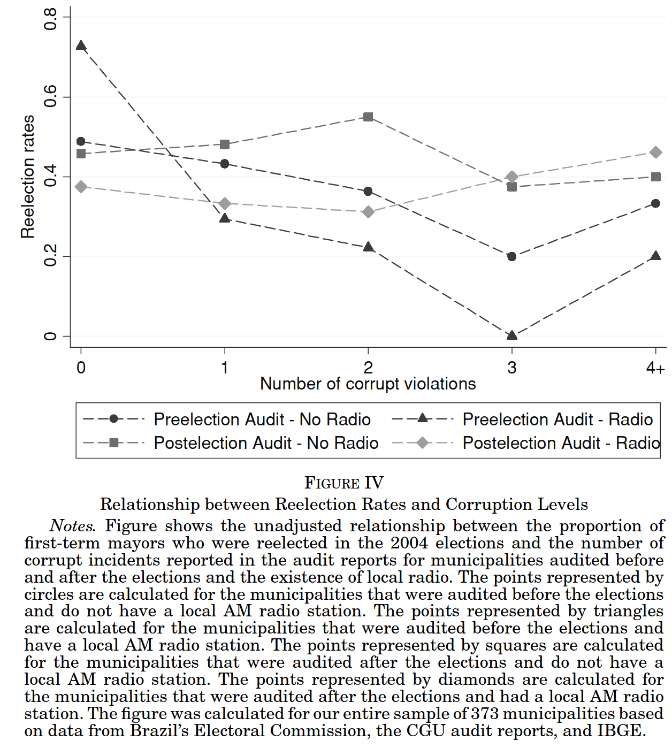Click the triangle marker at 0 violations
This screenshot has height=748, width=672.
(x=81, y=45)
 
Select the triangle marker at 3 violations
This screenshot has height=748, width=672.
(x=512, y=335)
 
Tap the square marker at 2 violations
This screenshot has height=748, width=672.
(x=368, y=117)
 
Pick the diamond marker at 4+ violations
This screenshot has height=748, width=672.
(x=655, y=152)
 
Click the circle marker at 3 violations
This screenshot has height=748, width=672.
(x=512, y=256)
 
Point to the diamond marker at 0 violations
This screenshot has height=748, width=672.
(x=81, y=187)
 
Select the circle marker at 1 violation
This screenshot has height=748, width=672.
(x=225, y=164)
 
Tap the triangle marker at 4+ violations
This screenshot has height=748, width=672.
(x=655, y=256)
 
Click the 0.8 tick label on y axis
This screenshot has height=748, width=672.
(x=50, y=18)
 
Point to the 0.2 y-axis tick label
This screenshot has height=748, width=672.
(x=50, y=257)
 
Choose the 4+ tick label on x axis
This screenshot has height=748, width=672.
(x=655, y=368)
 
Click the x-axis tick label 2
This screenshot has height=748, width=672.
(x=368, y=368)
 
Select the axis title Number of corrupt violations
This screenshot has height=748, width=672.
(x=368, y=384)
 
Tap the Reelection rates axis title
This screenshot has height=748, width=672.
(x=28, y=177)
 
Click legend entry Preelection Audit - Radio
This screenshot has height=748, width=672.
(x=557, y=419)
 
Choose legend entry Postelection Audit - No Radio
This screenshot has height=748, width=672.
(x=266, y=443)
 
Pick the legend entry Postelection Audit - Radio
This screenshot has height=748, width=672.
(x=561, y=443)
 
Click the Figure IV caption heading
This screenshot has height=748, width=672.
(x=344, y=483)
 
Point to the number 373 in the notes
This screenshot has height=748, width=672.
(x=485, y=714)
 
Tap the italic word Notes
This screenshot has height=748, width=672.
(x=73, y=526)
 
